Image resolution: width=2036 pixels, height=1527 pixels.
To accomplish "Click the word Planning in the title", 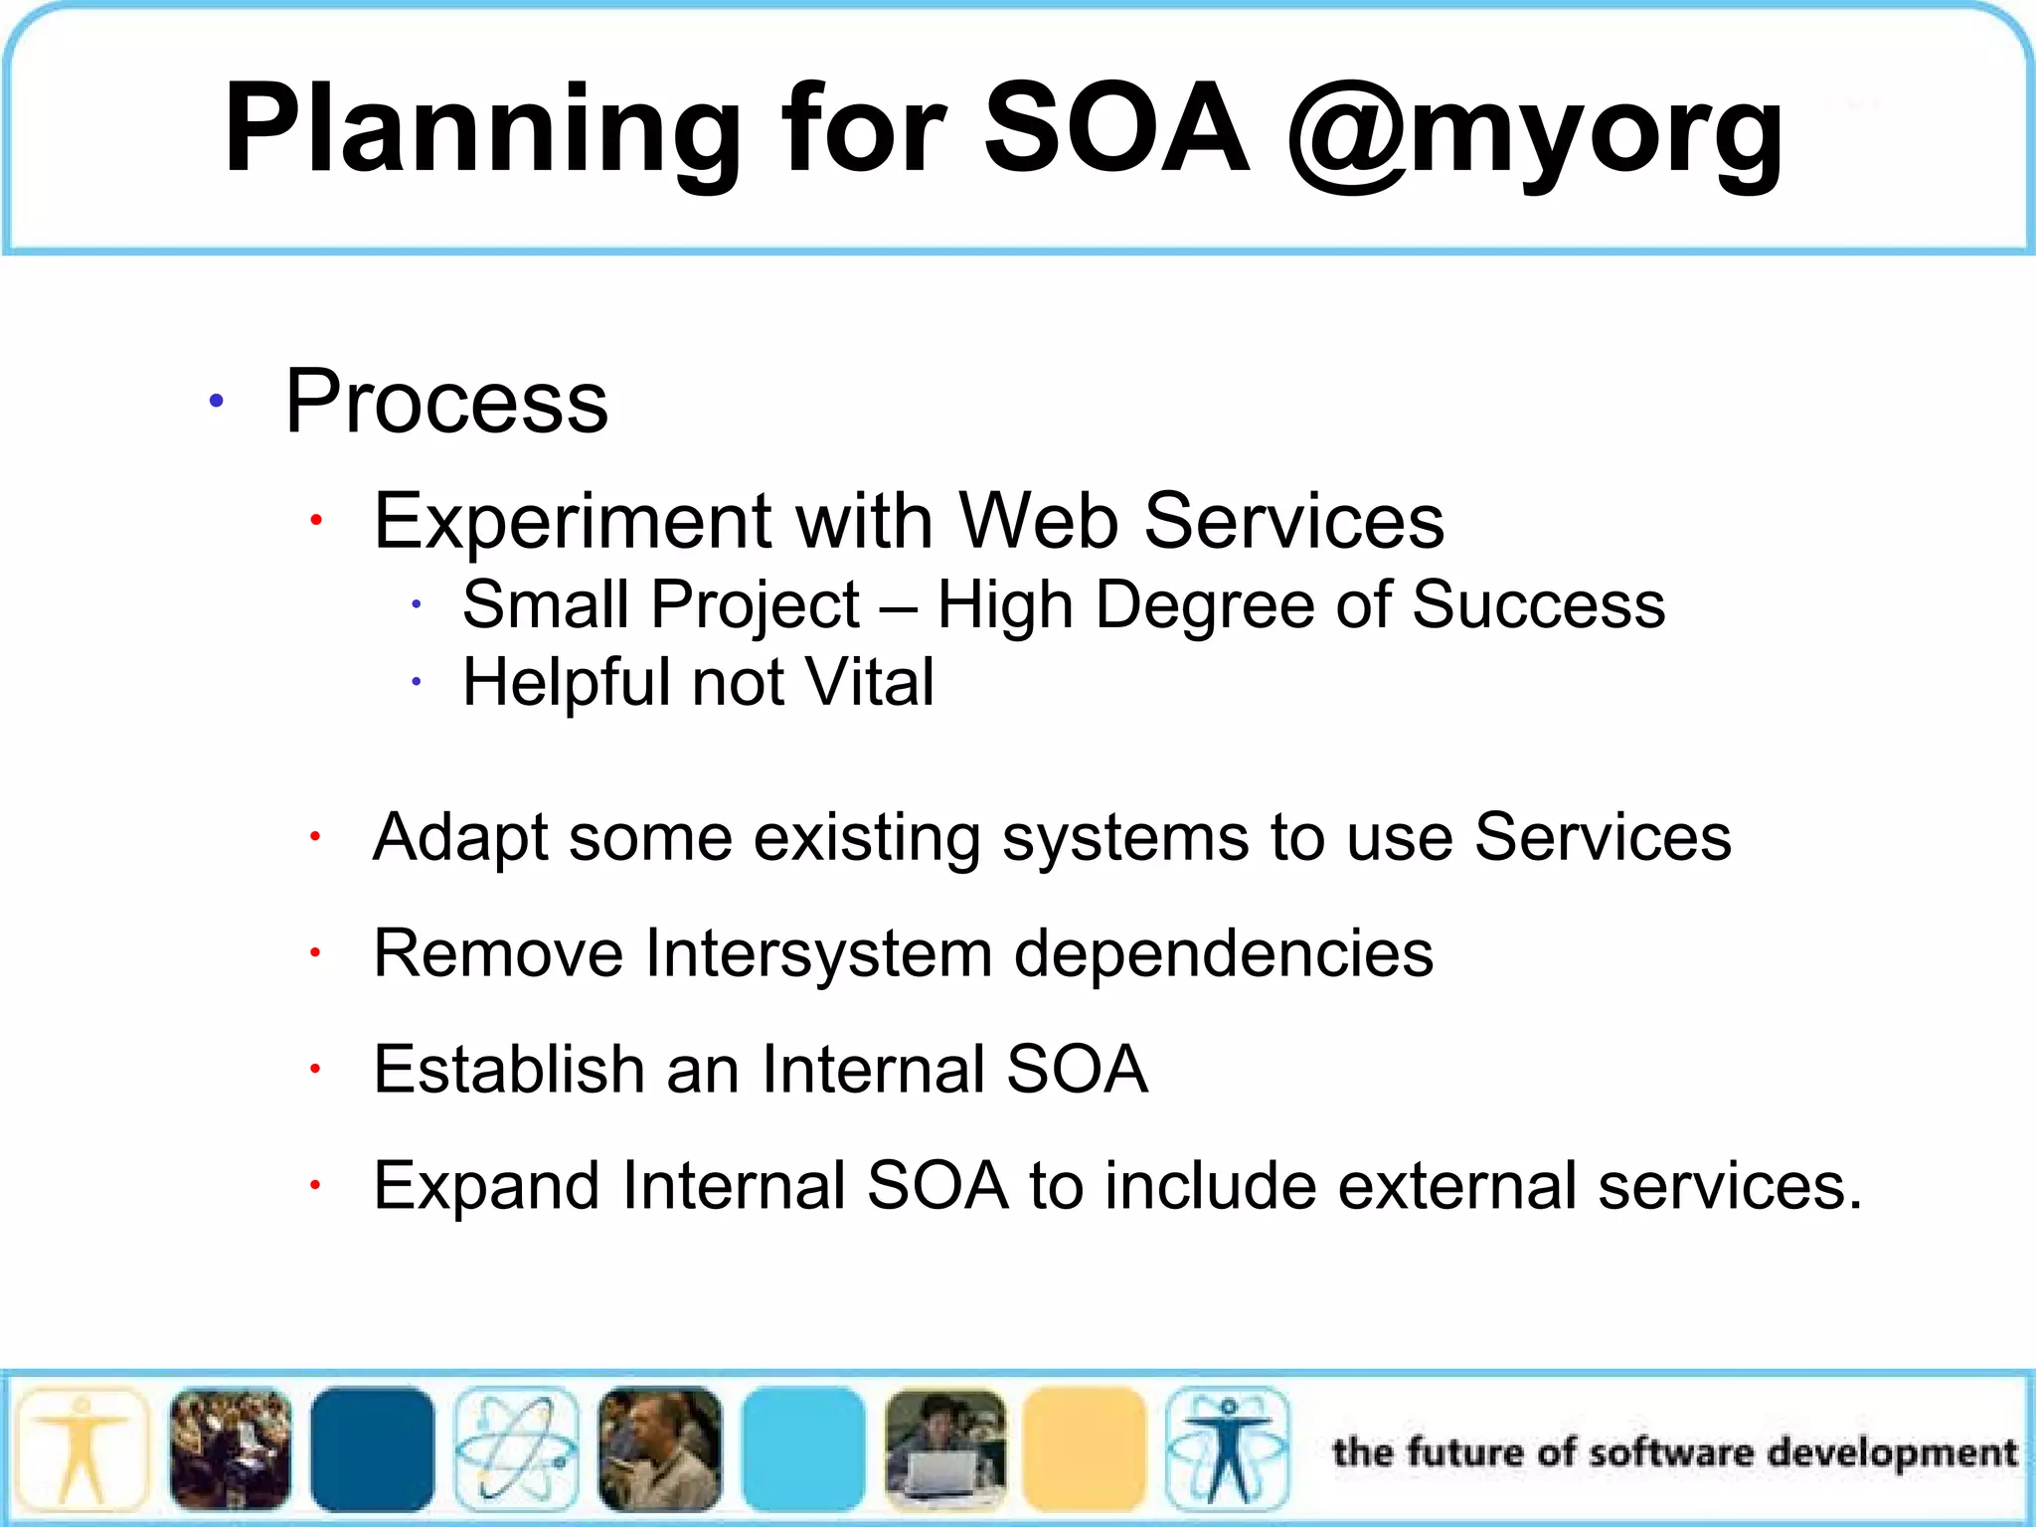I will (x=482, y=129).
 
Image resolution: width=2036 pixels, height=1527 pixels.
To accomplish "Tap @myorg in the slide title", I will (x=1536, y=129).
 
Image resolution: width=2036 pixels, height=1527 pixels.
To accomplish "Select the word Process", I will (x=446, y=402).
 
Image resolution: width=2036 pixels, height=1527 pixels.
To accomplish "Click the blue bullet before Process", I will (x=216, y=402).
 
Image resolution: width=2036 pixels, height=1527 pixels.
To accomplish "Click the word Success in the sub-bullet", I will (x=1538, y=604).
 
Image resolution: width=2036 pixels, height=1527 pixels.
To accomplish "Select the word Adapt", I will (x=459, y=837).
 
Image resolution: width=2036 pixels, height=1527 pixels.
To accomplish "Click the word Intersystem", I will (x=818, y=953).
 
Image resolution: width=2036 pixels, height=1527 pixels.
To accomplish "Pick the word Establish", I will (x=509, y=1070).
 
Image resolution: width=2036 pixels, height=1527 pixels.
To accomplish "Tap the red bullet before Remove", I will (x=314, y=953).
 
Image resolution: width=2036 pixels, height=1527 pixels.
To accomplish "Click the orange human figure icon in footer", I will (x=84, y=1449).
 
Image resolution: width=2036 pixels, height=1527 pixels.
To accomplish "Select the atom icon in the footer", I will (x=516, y=1449).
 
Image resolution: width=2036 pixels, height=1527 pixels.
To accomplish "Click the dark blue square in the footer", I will (x=372, y=1449).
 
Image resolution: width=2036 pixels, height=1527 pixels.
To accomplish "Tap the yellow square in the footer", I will (x=1084, y=1449).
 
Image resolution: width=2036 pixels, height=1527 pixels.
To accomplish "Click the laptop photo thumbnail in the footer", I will (x=944, y=1449).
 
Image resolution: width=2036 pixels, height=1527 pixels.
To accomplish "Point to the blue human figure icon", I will (x=1227, y=1449).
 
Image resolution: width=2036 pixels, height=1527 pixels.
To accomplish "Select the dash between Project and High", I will (x=899, y=606).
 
